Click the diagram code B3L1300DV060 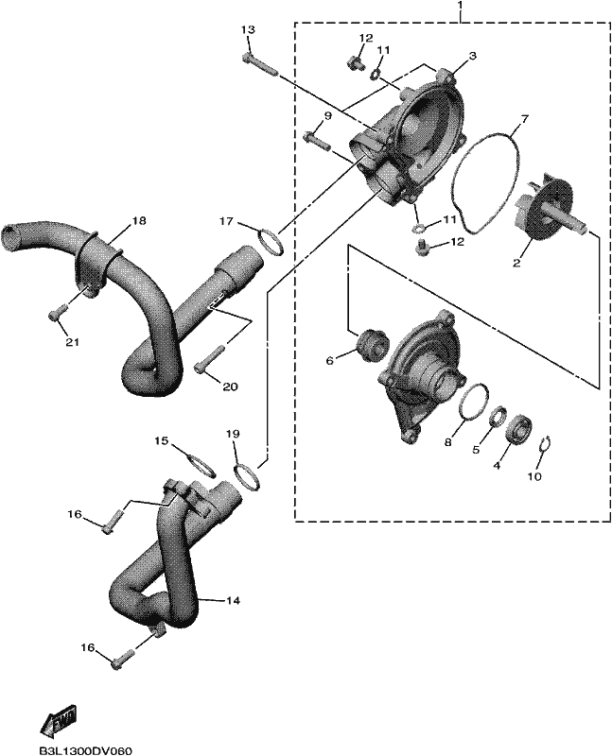tap(85, 750)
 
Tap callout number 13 tap(248, 30)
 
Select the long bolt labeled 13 tap(261, 66)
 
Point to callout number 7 tap(525, 117)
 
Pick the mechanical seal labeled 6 tap(372, 344)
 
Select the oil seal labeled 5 tap(498, 415)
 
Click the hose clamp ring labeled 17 tap(271, 242)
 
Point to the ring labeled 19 tap(248, 475)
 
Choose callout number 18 tap(139, 221)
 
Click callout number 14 tap(234, 601)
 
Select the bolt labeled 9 tap(317, 141)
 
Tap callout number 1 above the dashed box tap(460, 5)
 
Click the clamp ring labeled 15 tap(201, 465)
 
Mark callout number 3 tap(472, 56)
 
